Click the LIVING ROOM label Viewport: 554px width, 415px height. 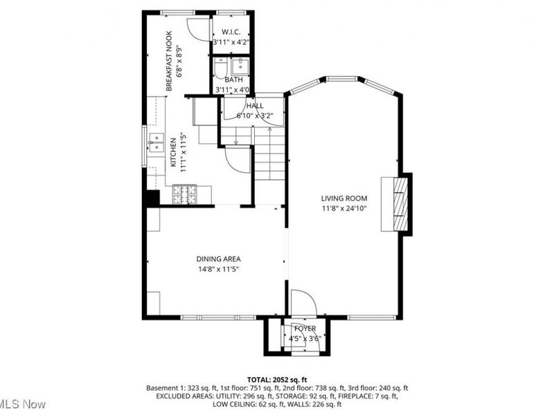pos(343,199)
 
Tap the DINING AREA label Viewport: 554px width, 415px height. pos(218,259)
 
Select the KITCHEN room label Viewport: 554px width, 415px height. pos(173,152)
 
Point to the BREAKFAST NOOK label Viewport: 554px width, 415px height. pos(169,61)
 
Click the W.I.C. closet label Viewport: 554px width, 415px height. pos(231,32)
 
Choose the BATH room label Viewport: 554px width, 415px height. pos(233,80)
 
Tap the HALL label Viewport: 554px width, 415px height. pos(255,106)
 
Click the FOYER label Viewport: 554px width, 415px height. pos(305,329)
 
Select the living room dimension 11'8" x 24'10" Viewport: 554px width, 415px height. pos(343,209)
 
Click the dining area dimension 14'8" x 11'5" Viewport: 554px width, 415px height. pos(218,269)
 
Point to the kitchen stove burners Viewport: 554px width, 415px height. pos(184,194)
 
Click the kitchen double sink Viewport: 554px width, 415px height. pos(157,142)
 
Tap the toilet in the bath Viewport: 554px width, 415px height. pos(221,68)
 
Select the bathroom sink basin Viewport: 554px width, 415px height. pos(240,66)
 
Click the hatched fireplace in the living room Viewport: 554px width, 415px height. pos(401,204)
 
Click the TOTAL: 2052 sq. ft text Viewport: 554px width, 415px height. pos(277,380)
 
